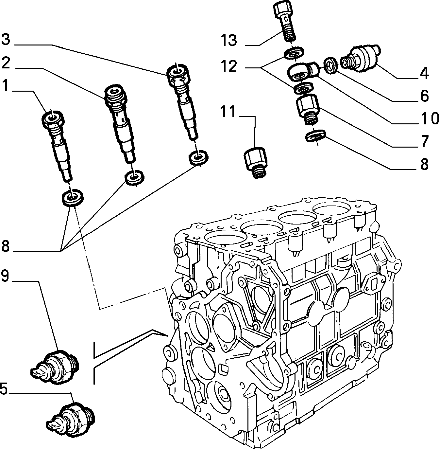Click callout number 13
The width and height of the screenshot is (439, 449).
(229, 40)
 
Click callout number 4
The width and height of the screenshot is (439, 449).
(424, 73)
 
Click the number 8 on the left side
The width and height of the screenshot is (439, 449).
(5, 246)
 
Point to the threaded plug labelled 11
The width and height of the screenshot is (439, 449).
(256, 162)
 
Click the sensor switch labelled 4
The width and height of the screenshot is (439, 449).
(360, 57)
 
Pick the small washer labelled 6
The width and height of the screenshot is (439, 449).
(331, 65)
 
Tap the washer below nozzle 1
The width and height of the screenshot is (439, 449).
(72, 198)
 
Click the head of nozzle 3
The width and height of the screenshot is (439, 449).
(177, 73)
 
